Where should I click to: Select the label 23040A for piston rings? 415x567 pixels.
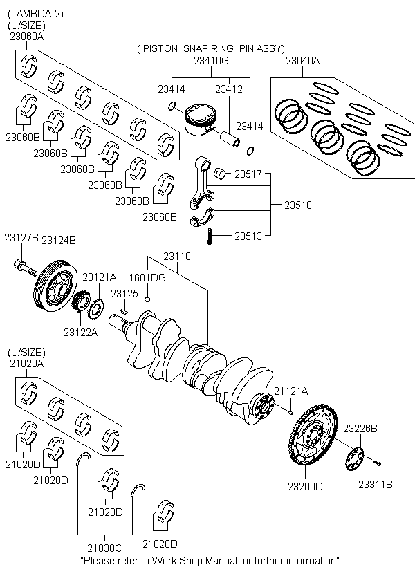pos(302,61)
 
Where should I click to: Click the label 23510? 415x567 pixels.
pos(297,205)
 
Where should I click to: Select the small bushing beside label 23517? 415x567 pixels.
pos(222,173)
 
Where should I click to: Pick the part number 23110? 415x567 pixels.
pos(176,256)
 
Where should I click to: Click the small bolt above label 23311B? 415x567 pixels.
pos(378,462)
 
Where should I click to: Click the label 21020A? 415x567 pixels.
pos(26,362)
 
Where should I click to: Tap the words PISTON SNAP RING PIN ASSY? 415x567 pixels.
pos(210,48)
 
